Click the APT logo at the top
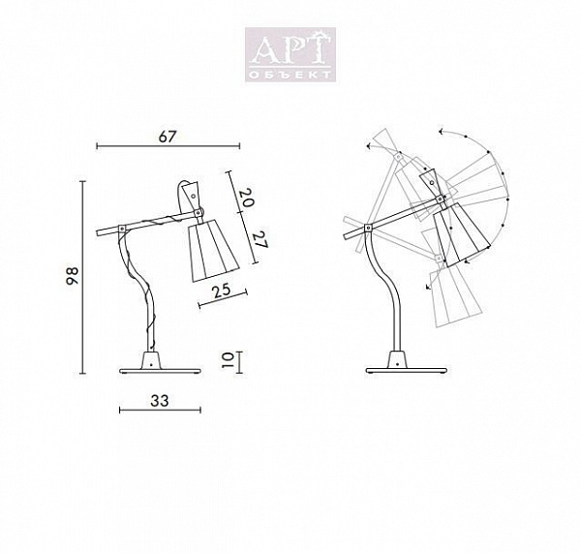coord(290,54)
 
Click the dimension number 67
coord(167,137)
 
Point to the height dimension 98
coord(73,276)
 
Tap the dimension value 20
coord(246,198)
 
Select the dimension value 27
coord(260,240)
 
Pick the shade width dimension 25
coord(221,292)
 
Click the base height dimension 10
coord(227,360)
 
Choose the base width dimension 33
coord(160,400)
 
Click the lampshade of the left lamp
coord(213,250)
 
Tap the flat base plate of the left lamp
coord(160,370)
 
